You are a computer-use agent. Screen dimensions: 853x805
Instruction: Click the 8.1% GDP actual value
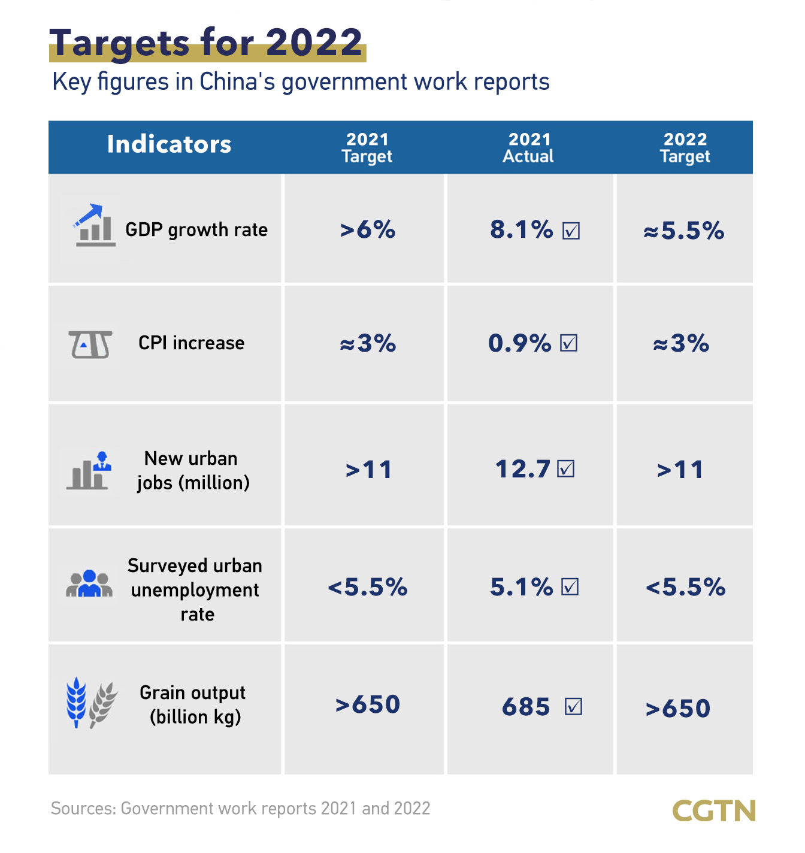[x=521, y=230]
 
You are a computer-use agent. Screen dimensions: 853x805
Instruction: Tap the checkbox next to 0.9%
[x=568, y=343]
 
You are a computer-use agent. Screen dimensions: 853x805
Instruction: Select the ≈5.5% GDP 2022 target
[x=684, y=231]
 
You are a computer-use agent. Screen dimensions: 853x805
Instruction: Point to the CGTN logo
[x=713, y=811]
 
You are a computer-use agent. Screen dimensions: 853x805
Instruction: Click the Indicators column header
[x=169, y=144]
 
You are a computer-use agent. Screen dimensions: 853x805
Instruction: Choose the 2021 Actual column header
[x=528, y=148]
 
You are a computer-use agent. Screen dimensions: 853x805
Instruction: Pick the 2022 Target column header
[x=685, y=148]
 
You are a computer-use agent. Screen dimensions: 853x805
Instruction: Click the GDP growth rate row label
[x=196, y=230]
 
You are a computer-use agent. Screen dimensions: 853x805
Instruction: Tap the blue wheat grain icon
[x=76, y=701]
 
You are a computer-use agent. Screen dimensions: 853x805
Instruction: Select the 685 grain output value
[x=526, y=707]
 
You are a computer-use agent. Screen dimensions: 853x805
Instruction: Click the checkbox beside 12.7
[x=565, y=469]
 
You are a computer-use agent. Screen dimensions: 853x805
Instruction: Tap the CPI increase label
[x=192, y=343]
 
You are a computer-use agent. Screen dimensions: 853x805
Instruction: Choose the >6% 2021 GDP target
[x=368, y=230]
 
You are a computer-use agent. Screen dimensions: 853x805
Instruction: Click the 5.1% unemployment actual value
[x=521, y=588]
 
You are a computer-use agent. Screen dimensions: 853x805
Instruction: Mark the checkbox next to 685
[x=573, y=707]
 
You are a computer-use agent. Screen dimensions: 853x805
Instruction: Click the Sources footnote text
[x=240, y=809]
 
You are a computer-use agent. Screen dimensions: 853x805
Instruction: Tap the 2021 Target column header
[x=367, y=148]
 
